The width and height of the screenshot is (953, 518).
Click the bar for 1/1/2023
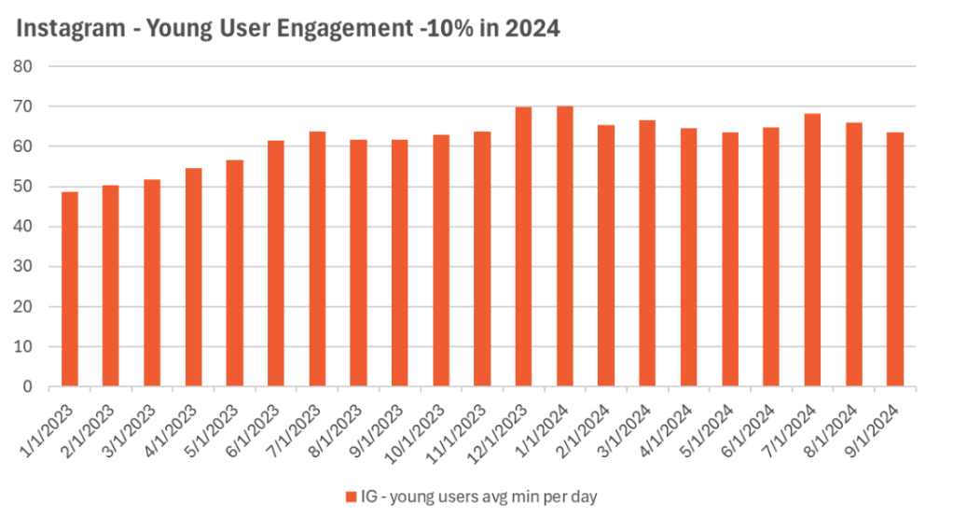69,289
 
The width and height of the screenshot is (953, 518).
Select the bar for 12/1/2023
523,247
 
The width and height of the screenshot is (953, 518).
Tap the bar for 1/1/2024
564,246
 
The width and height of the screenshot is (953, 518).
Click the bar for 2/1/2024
606,256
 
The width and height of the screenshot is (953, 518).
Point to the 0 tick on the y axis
28,386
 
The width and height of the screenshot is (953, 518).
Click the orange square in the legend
351,496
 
